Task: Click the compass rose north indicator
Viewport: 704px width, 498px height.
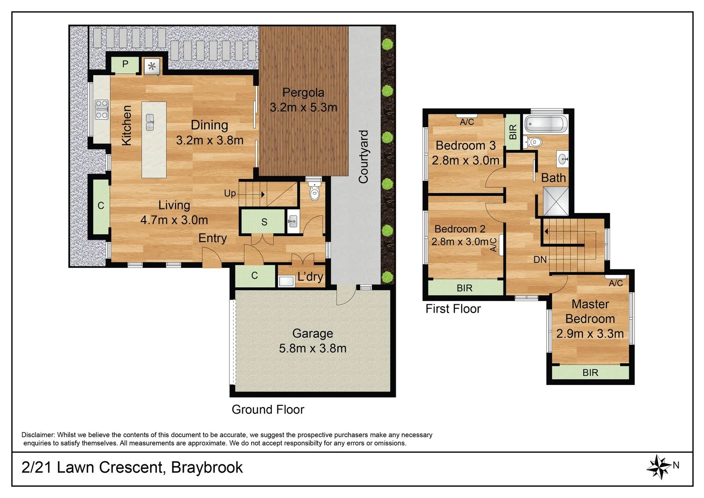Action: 659,467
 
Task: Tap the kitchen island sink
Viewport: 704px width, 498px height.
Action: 150,122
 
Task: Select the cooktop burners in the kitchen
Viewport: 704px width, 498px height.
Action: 102,110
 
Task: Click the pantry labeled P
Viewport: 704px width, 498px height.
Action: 125,65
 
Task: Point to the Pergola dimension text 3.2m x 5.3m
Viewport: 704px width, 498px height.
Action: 303,107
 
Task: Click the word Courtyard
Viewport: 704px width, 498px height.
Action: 364,157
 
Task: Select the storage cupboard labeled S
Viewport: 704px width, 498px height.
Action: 264,222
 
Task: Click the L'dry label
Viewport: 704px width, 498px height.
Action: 310,277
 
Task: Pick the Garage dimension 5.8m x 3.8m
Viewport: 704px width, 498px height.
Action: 312,348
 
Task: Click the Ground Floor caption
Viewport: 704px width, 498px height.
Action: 268,409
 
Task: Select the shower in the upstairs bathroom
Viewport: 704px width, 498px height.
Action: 556,202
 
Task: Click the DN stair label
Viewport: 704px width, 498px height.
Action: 540,260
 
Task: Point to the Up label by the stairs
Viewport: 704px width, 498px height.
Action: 230,194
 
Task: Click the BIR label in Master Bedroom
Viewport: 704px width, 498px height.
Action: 590,373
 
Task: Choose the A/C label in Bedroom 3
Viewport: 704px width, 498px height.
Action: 467,122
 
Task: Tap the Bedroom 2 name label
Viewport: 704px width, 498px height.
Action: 460,229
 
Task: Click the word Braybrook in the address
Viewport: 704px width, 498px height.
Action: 207,468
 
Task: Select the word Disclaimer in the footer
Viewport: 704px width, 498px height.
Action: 38,435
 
